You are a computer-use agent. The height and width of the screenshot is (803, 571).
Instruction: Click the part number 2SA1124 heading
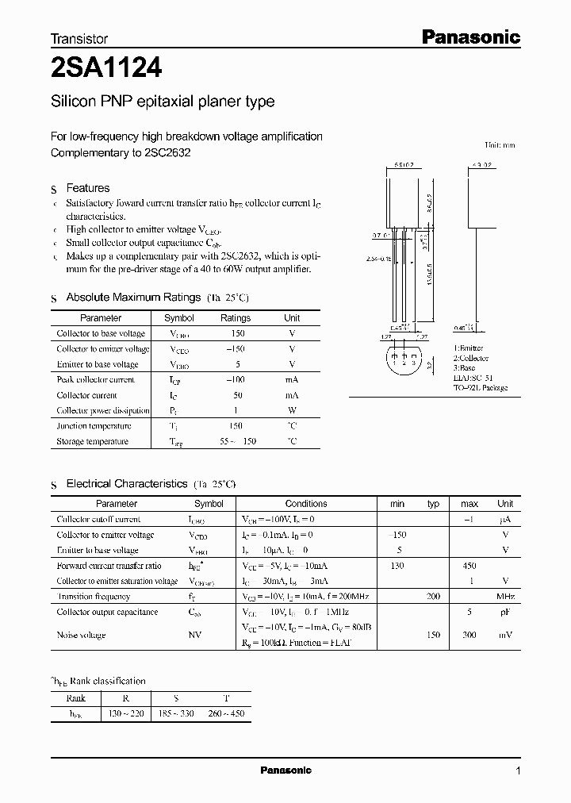pyautogui.click(x=106, y=70)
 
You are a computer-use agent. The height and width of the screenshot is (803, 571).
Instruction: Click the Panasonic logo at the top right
pyautogui.click(x=469, y=36)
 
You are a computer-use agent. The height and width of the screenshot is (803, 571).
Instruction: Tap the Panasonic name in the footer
pyautogui.click(x=286, y=770)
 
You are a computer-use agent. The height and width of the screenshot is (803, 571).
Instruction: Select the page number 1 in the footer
pyautogui.click(x=518, y=771)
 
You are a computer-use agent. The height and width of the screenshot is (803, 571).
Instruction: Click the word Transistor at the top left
pyautogui.click(x=79, y=38)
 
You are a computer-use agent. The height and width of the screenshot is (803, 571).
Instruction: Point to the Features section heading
pyautogui.click(x=88, y=188)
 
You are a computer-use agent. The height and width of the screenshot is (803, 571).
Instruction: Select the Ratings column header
pyautogui.click(x=236, y=318)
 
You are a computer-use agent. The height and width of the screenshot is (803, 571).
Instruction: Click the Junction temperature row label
pyautogui.click(x=94, y=426)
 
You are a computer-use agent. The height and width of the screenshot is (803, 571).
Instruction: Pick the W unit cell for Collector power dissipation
pyautogui.click(x=292, y=411)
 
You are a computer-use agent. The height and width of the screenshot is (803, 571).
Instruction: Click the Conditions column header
pyautogui.click(x=306, y=504)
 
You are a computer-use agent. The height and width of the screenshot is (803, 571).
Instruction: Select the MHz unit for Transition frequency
pyautogui.click(x=505, y=597)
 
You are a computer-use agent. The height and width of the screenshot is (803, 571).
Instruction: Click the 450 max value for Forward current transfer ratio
pyautogui.click(x=469, y=566)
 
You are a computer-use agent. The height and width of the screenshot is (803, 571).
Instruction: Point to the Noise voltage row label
pyautogui.click(x=81, y=635)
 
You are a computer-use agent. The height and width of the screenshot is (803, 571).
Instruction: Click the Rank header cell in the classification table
pyautogui.click(x=77, y=698)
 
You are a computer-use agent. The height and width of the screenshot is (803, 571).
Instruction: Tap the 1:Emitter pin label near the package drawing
pyautogui.click(x=469, y=348)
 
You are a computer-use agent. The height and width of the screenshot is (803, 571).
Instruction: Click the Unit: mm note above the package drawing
pyautogui.click(x=500, y=145)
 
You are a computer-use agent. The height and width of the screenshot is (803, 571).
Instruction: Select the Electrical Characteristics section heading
pyautogui.click(x=127, y=483)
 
